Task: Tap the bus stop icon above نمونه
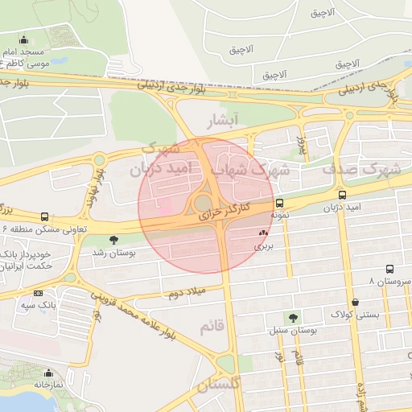tap(279, 204)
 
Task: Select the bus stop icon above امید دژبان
tap(343, 195)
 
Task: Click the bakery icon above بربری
tap(262, 233)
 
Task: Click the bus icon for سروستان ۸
tap(389, 269)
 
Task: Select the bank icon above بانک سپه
tap(39, 293)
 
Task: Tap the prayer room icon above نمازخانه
tap(48, 373)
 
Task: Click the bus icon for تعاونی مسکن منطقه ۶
tap(44, 216)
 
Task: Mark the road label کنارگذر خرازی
tap(225, 212)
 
